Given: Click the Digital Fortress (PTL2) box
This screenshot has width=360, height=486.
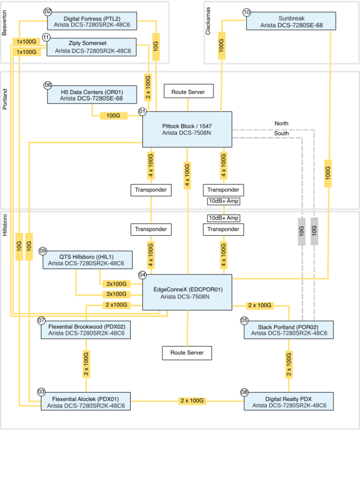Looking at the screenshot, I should [x=92, y=22].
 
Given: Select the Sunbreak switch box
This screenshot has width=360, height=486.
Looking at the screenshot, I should [x=291, y=22].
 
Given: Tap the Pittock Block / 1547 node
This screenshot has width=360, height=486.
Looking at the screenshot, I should [x=187, y=130].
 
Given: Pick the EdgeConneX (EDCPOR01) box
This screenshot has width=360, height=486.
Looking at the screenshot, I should [x=187, y=292].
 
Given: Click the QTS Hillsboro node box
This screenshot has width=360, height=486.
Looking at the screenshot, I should [x=88, y=260].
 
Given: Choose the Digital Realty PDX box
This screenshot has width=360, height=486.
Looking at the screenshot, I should [x=289, y=402].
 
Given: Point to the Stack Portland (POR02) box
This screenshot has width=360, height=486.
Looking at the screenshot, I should [x=288, y=330].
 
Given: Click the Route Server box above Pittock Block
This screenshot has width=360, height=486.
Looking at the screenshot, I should [x=189, y=92].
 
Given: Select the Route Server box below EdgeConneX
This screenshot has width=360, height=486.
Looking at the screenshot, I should [x=187, y=353].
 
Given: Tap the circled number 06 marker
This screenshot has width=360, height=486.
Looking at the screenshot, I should [x=47, y=85].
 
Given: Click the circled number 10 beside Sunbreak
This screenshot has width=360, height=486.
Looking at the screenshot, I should [x=246, y=12].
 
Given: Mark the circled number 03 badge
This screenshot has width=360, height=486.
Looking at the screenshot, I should [x=41, y=392].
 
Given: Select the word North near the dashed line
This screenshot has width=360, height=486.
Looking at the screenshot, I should [x=281, y=123].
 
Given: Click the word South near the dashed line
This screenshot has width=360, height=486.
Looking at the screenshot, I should [x=281, y=133].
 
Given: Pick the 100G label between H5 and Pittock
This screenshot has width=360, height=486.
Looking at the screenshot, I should [x=113, y=115].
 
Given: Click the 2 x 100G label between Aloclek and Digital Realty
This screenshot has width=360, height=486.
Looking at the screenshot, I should [x=192, y=401].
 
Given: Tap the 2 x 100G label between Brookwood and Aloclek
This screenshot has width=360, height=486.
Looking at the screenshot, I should [x=86, y=364].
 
